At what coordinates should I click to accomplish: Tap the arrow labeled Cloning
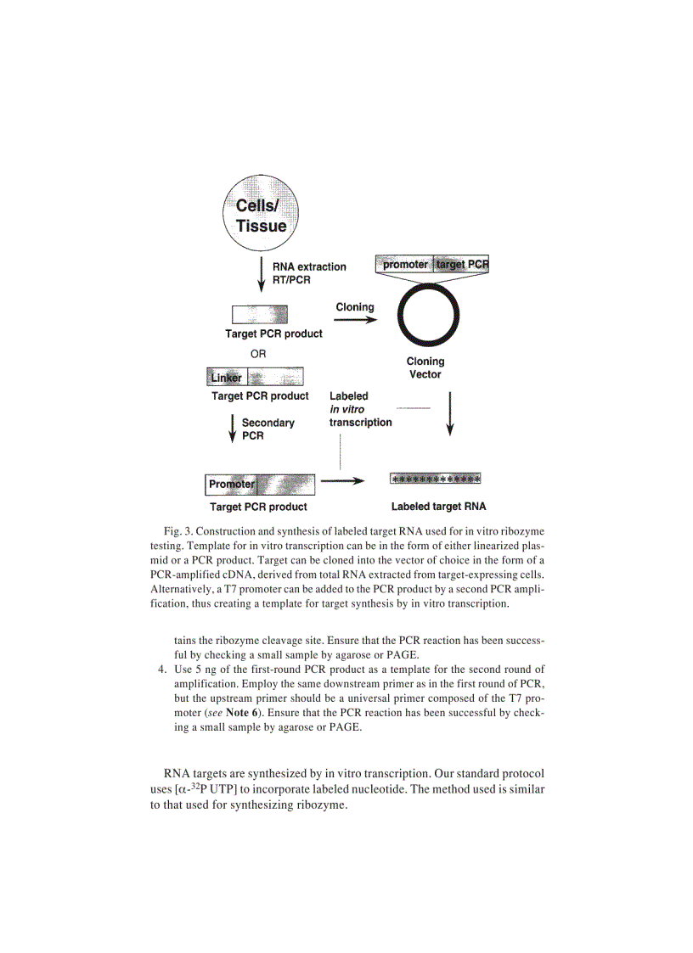pyautogui.click(x=354, y=321)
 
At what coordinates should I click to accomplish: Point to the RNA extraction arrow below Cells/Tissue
pyautogui.click(x=262, y=276)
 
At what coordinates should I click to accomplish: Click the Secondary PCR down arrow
pyautogui.click(x=232, y=428)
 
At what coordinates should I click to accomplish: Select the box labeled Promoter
pyautogui.click(x=231, y=485)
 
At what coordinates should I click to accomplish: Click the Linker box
pyautogui.click(x=227, y=377)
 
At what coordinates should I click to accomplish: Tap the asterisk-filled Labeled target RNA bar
pyautogui.click(x=435, y=479)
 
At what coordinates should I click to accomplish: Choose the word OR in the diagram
pyautogui.click(x=258, y=354)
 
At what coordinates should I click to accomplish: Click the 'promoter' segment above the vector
pyautogui.click(x=405, y=265)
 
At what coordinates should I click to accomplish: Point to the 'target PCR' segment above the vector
pyautogui.click(x=462, y=265)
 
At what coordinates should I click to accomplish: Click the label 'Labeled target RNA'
pyautogui.click(x=438, y=507)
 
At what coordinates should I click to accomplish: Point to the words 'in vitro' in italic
pyautogui.click(x=346, y=409)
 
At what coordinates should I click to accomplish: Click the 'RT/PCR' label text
pyautogui.click(x=291, y=280)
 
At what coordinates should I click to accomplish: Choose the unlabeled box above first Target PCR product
pyautogui.click(x=260, y=315)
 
